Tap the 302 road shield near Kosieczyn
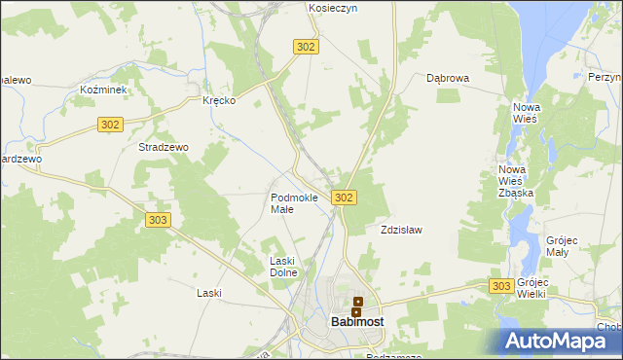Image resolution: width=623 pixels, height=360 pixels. (x=306, y=46)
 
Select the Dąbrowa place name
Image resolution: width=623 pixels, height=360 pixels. (x=448, y=78)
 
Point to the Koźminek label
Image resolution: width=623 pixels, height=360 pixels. (x=100, y=89)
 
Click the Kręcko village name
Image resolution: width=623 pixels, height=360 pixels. (x=219, y=100)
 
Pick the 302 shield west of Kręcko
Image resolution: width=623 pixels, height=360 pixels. (x=110, y=124)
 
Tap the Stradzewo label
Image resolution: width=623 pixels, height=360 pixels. (x=164, y=147)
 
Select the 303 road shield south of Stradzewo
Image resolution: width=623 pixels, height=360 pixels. (x=159, y=220)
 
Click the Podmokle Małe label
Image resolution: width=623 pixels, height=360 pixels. (x=294, y=203)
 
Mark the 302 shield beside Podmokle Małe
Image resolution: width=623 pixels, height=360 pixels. (x=343, y=198)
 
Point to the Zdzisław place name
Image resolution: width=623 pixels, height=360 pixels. (x=400, y=231)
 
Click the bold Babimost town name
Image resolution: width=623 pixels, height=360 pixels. (x=356, y=321)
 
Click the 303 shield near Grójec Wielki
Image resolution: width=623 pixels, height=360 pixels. (x=501, y=285)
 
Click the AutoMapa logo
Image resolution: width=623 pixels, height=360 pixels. (x=562, y=342)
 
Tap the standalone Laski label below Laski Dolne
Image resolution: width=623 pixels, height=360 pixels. (x=209, y=293)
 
